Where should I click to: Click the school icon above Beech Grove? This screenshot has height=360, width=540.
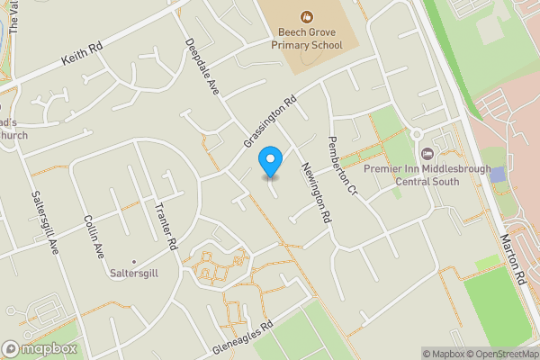(307, 15)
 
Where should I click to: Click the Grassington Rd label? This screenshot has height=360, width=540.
(270, 123)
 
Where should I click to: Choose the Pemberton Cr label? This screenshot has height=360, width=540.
(343, 166)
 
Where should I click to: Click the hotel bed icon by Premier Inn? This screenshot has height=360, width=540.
(425, 152)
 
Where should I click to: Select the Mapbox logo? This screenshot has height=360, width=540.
(40, 348)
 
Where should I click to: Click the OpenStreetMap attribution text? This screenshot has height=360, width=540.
(499, 354)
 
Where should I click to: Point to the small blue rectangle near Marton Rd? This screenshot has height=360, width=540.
(498, 174)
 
